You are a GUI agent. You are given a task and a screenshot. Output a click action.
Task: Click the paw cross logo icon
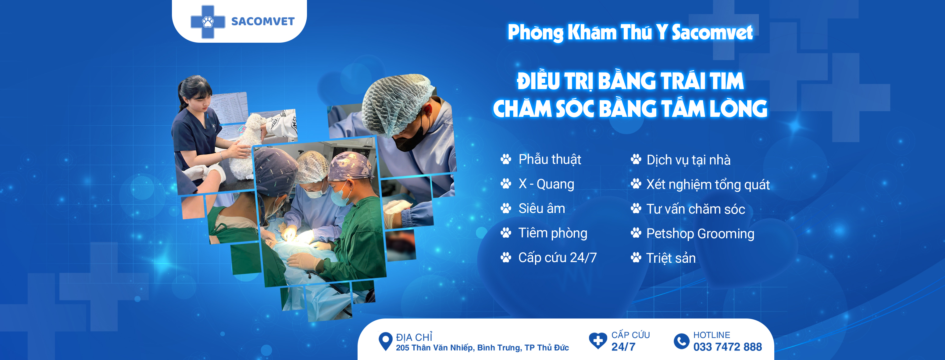[x=208, y=22]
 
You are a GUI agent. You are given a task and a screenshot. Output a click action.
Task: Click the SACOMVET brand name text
[x=263, y=21]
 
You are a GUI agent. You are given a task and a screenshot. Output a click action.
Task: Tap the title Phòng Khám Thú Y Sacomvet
[x=630, y=32]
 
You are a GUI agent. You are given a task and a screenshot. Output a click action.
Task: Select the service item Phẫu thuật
[x=550, y=160]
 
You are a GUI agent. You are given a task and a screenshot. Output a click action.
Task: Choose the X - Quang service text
[x=546, y=184]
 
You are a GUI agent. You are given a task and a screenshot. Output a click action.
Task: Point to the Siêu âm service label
[x=541, y=208]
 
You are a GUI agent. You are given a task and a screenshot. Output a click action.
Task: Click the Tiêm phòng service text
[x=552, y=233]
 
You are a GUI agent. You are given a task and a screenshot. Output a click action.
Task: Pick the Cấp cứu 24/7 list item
[x=557, y=257]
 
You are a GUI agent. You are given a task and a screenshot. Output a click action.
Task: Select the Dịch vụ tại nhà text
[x=688, y=160]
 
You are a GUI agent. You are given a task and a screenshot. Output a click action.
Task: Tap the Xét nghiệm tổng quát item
[x=708, y=185]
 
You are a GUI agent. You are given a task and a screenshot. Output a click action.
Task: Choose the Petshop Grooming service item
[x=700, y=234]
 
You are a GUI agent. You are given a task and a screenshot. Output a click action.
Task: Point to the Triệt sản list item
[x=671, y=258]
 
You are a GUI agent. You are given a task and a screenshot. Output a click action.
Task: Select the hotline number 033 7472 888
[x=727, y=347]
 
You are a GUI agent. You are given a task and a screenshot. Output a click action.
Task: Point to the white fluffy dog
[x=245, y=147]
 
